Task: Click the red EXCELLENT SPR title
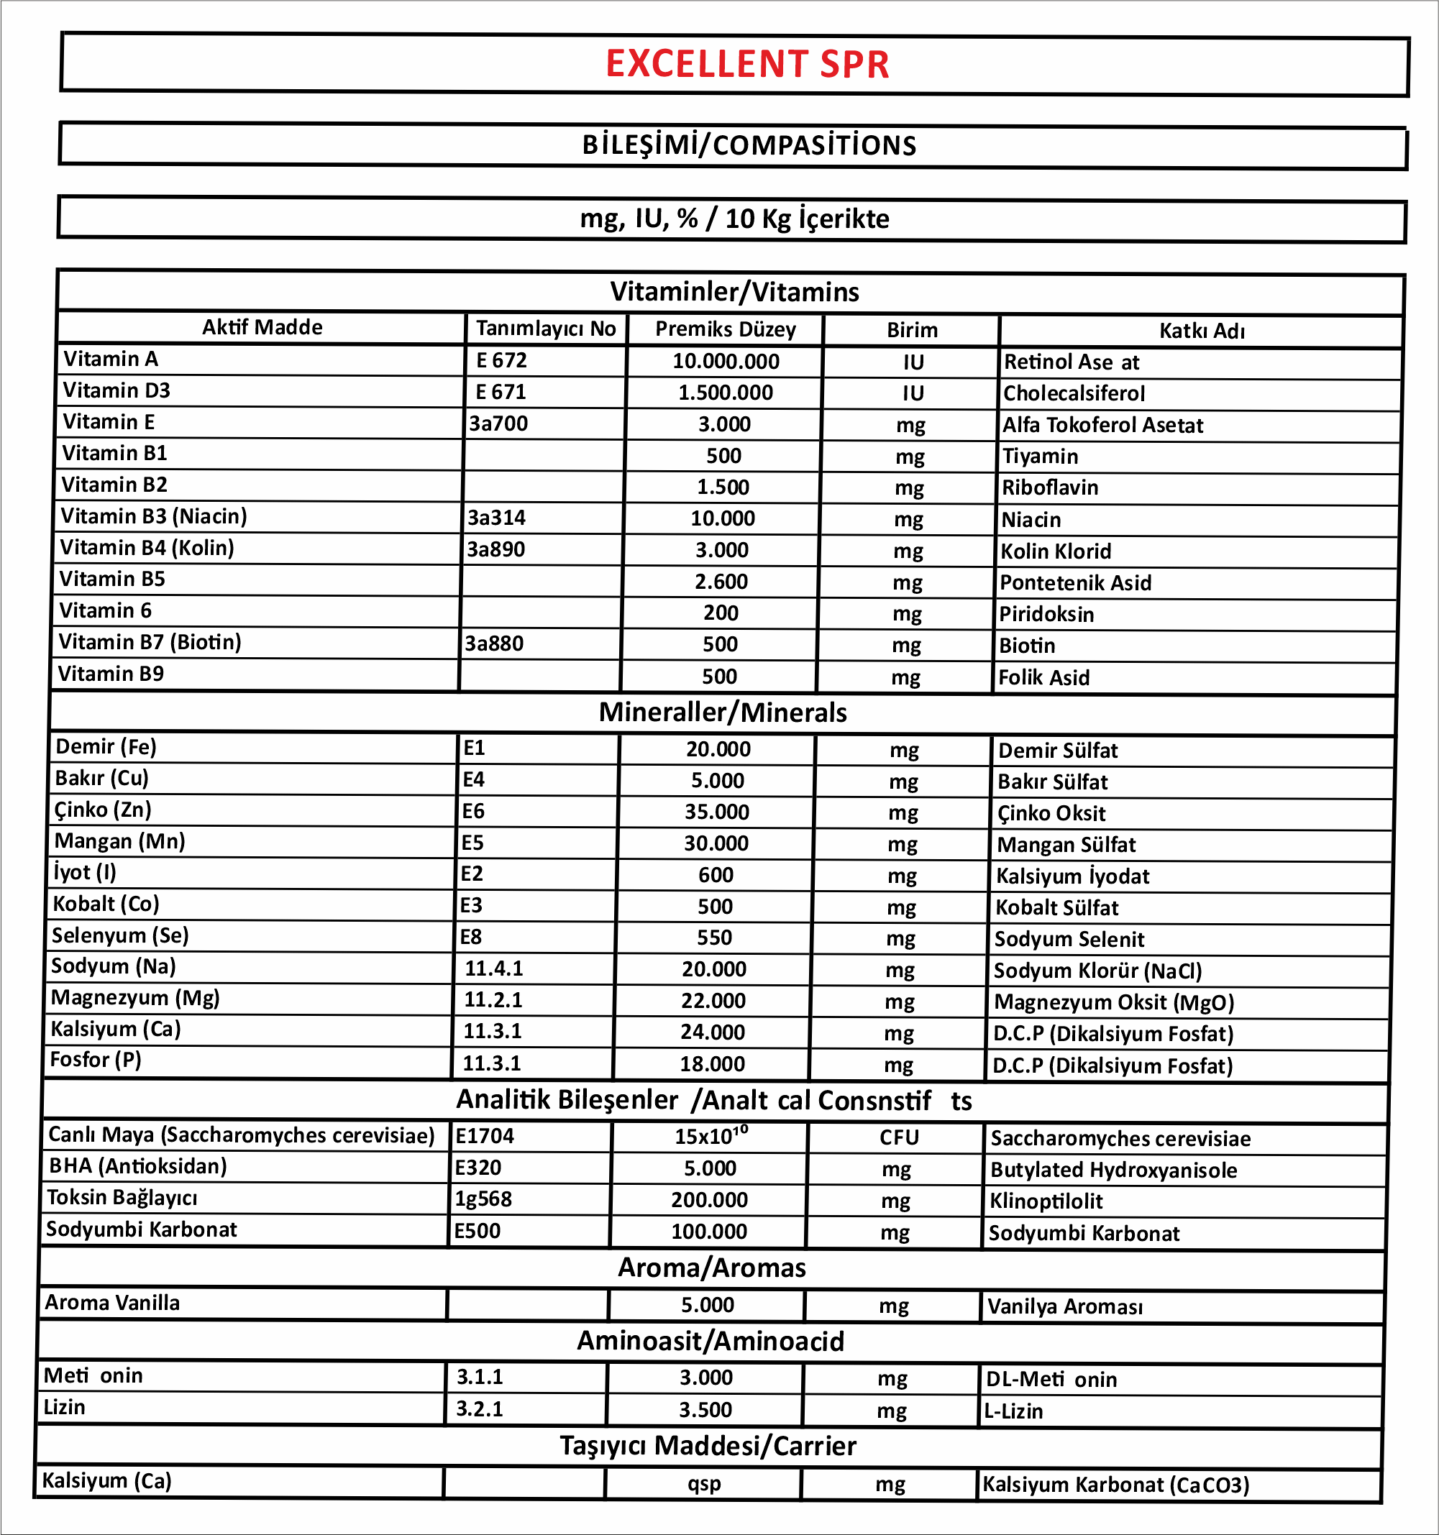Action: pos(747,64)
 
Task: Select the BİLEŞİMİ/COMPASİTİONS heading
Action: pos(749,145)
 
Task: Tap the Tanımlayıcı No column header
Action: pos(545,329)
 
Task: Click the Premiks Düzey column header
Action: pos(726,330)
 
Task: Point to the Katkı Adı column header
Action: pos(1201,331)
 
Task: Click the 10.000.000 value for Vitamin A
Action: pos(726,362)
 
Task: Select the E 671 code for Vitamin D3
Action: pos(501,393)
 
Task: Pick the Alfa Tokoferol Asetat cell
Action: pos(1102,426)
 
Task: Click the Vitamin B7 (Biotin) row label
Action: pos(150,643)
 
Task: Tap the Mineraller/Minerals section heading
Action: pos(722,712)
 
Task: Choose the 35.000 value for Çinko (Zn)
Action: pos(716,812)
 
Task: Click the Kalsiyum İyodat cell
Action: pos(1072,876)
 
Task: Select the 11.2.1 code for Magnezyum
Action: pos(493,1001)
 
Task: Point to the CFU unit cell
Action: pos(899,1138)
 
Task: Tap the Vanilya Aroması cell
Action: pos(1064,1307)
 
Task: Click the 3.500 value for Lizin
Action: pos(705,1410)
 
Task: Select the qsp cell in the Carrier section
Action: pos(703,1484)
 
